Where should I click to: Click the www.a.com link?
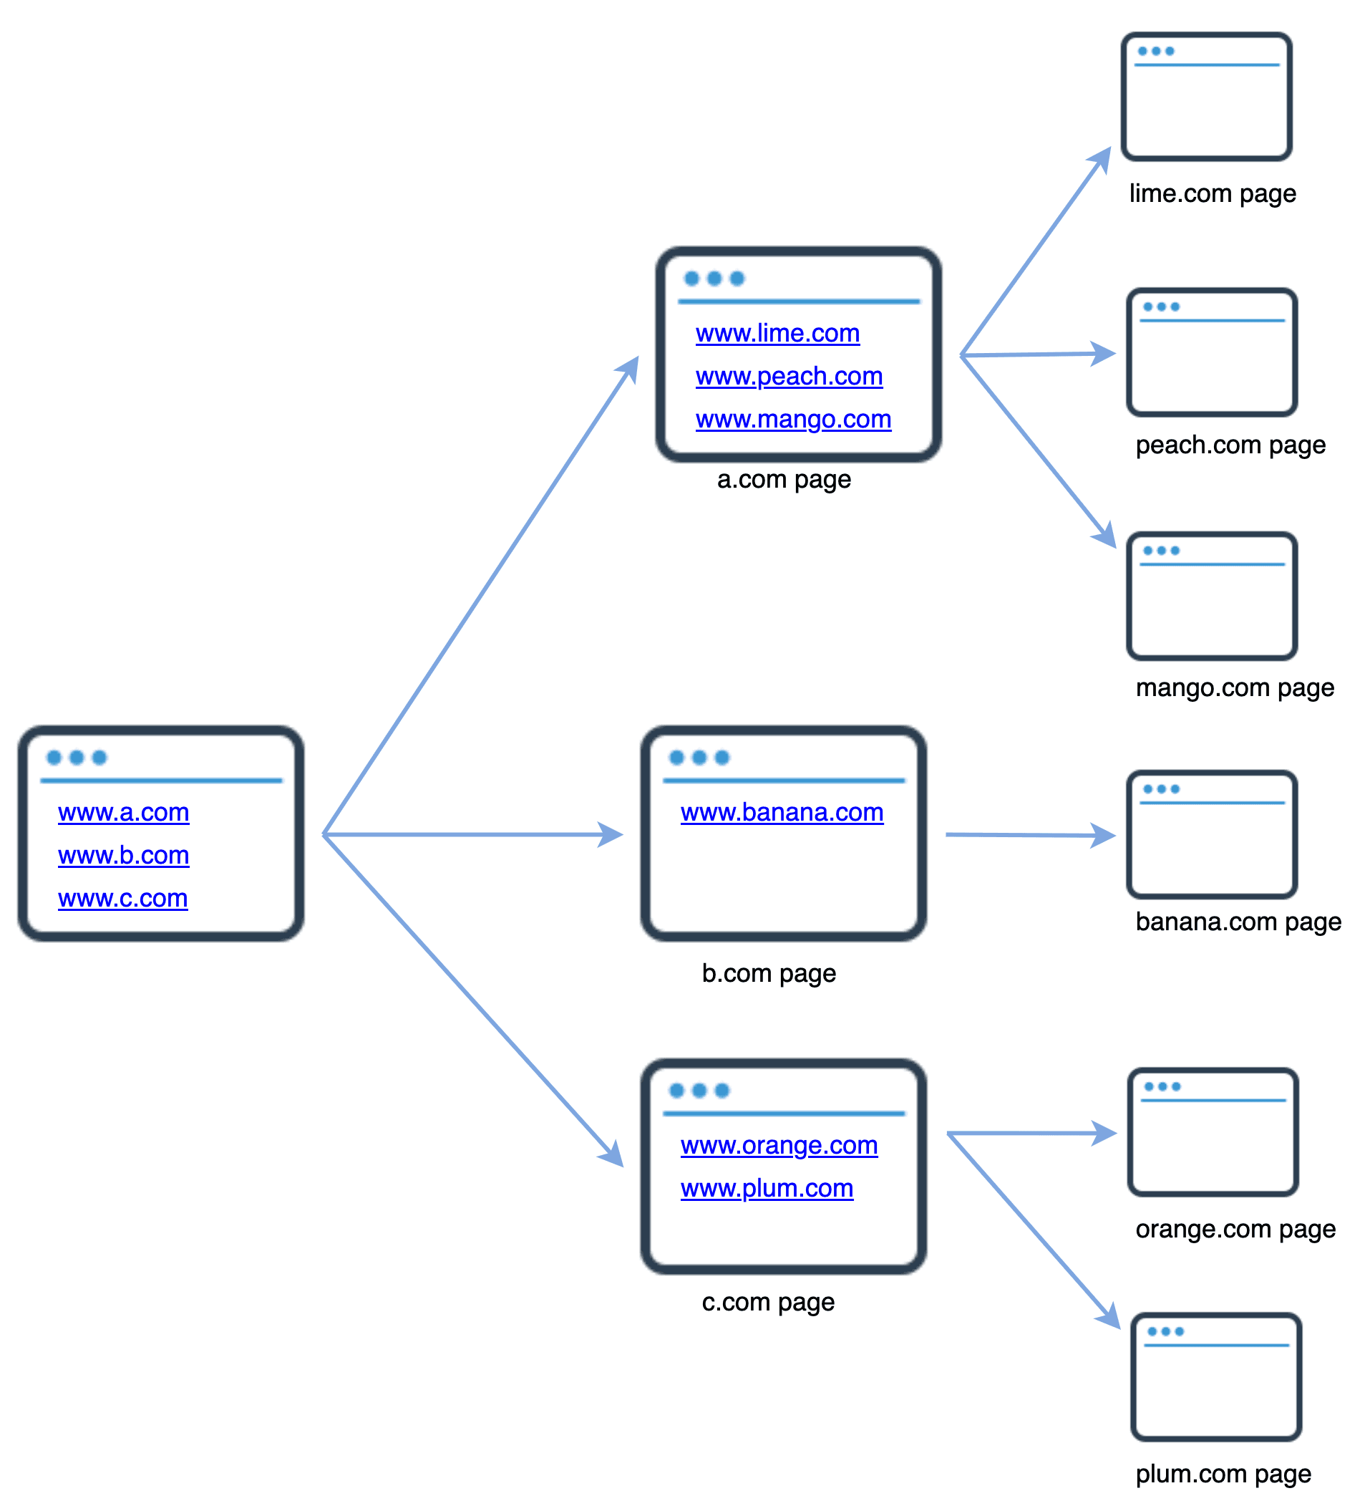[123, 812]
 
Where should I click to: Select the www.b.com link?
[123, 854]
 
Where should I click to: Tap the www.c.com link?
[122, 898]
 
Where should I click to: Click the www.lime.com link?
[777, 333]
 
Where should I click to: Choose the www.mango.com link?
[793, 419]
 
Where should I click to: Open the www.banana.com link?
[782, 812]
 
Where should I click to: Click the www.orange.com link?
[779, 1145]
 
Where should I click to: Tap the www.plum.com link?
[767, 1188]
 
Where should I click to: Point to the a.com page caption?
[783, 480]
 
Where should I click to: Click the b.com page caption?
[768, 973]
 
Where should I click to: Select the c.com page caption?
[767, 1302]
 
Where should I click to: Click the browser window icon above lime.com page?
[1206, 97]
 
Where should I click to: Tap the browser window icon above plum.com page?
[1215, 1377]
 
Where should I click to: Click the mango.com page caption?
[1234, 687]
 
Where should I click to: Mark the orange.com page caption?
[1235, 1229]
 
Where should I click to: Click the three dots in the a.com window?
[714, 279]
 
